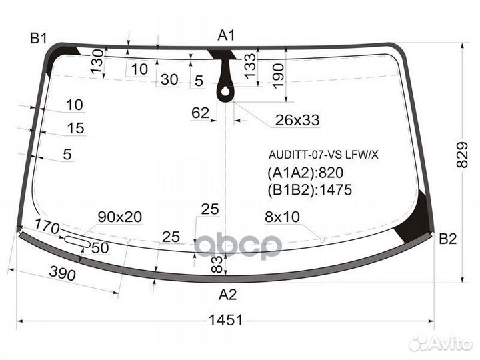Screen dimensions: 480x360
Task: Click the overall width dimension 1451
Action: (225, 320)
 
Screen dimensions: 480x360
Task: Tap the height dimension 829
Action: (462, 155)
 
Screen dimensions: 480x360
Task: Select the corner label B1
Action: (39, 39)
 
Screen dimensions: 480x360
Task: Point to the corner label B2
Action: (447, 239)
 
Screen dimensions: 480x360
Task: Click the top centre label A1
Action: (226, 35)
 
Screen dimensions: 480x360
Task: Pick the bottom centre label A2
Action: (228, 295)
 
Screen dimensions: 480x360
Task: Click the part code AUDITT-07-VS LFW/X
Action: (323, 155)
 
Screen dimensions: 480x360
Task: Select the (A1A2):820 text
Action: (305, 173)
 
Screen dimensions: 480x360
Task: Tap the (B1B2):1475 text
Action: (310, 190)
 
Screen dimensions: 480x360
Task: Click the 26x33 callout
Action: (297, 120)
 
